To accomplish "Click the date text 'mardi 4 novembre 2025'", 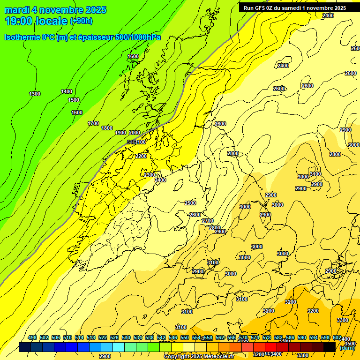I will pyautogui.click(x=55, y=10).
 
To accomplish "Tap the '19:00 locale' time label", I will pyautogui.click(x=36, y=21).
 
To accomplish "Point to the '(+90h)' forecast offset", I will pyautogui.click(x=81, y=21).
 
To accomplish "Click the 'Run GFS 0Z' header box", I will pyautogui.click(x=295, y=8).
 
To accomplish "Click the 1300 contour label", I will pyautogui.click(x=35, y=94).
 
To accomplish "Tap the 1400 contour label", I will pyautogui.click(x=67, y=91).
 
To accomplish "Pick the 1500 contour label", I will pyautogui.click(x=74, y=100).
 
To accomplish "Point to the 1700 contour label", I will pyautogui.click(x=93, y=123).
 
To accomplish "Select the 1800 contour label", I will pyautogui.click(x=107, y=128).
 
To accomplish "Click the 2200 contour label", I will pyautogui.click(x=141, y=156).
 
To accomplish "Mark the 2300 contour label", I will pyautogui.click(x=150, y=175).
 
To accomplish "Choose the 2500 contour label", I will pyautogui.click(x=190, y=203).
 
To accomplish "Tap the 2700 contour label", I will pyautogui.click(x=208, y=221).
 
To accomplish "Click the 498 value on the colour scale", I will pyautogui.click(x=32, y=338).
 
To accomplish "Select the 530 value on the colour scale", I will pyautogui.click(x=126, y=338).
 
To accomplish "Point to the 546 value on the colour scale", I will pyautogui.click(x=173, y=338).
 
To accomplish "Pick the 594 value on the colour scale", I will pyautogui.click(x=314, y=338).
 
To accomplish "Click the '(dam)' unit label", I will pyautogui.click(x=347, y=347).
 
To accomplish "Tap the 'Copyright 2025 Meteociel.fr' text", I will pyautogui.click(x=199, y=356).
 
